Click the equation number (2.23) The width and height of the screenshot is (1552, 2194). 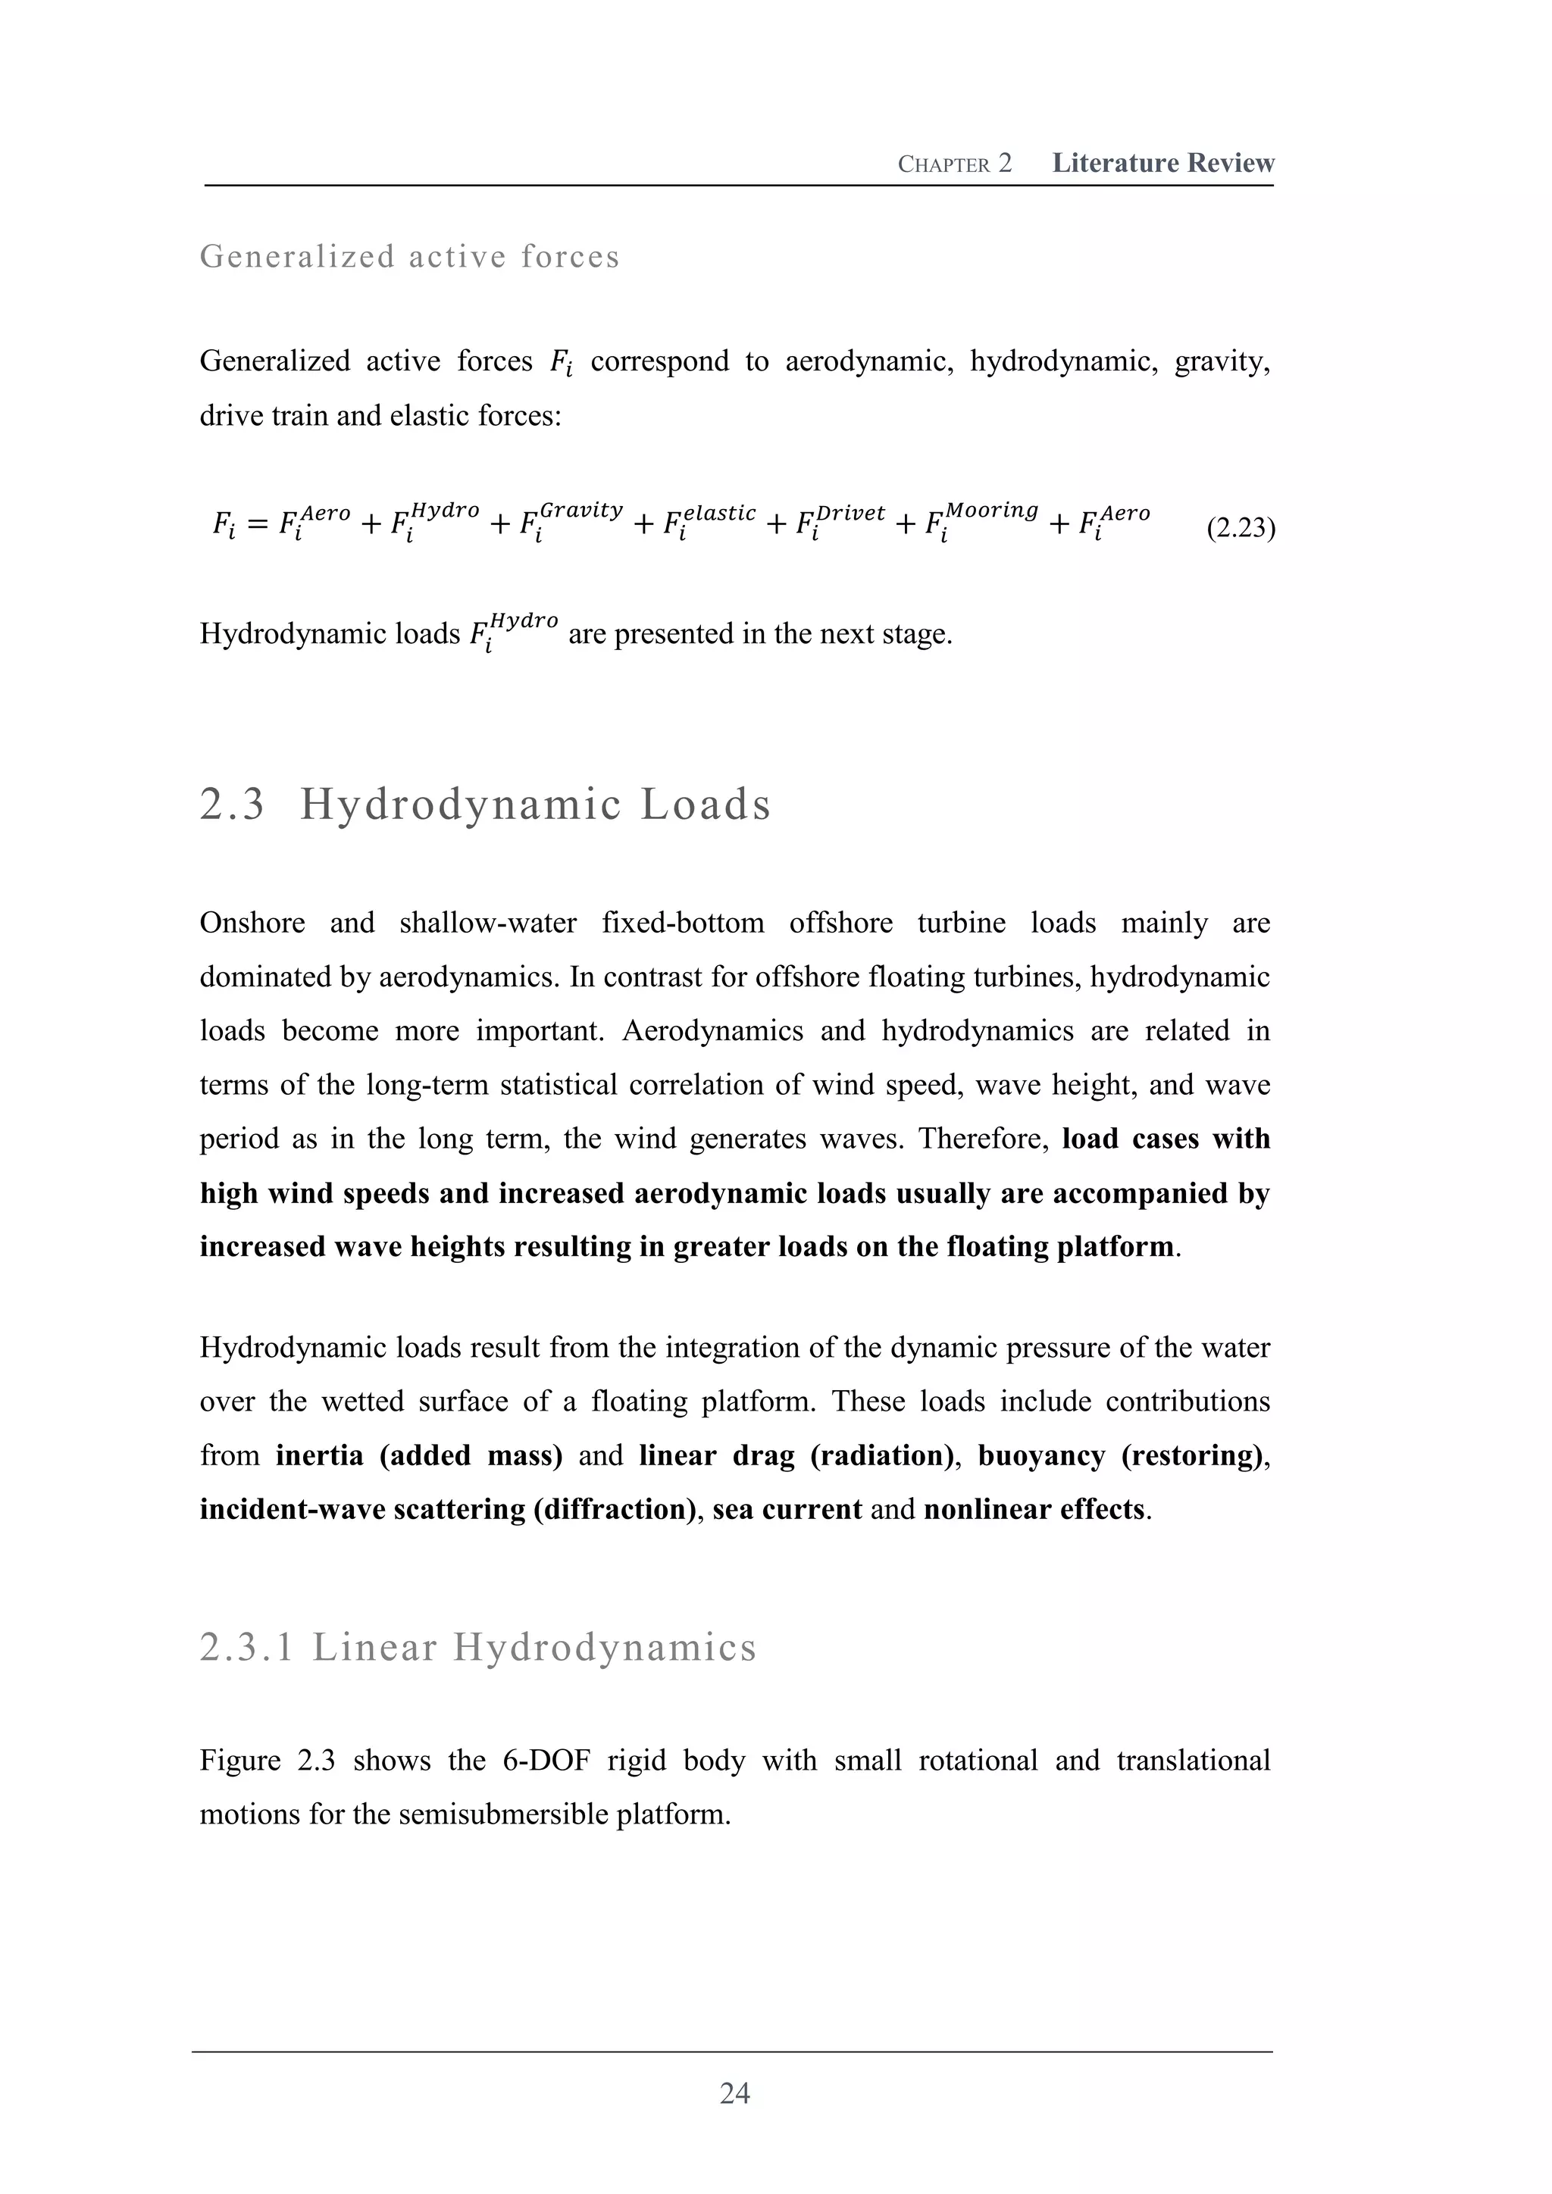pyautogui.click(x=1241, y=527)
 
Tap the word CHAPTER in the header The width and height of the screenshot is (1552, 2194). pyautogui.click(x=943, y=164)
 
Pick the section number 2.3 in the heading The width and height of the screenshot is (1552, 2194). pyautogui.click(x=232, y=804)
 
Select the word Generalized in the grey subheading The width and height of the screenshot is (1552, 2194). pyautogui.click(x=296, y=256)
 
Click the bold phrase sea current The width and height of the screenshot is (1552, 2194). pyautogui.click(x=787, y=1509)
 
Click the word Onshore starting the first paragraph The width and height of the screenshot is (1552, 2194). pyautogui.click(x=252, y=923)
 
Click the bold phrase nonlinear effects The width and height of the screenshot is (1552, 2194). pyautogui.click(x=1034, y=1509)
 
